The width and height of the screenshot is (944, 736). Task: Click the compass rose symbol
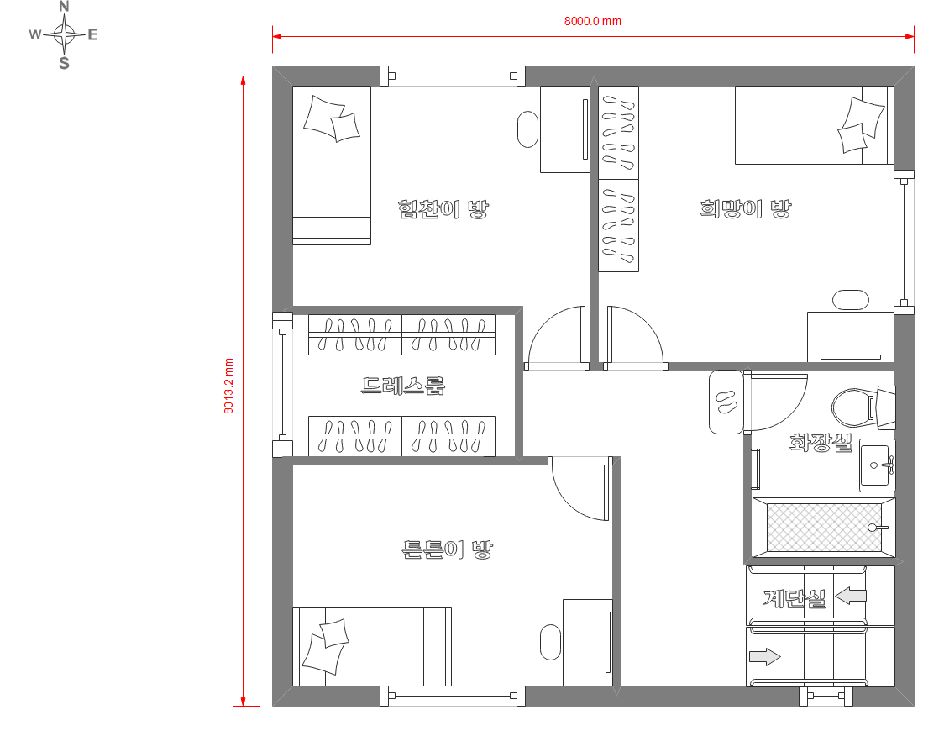64,34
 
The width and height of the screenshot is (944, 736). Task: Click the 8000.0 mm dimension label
592,21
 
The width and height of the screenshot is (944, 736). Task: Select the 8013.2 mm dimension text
228,386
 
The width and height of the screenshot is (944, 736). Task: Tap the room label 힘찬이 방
443,209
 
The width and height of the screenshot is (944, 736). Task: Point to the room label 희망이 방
745,209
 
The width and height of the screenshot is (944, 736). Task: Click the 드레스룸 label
403,386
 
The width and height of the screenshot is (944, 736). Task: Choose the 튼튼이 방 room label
448,549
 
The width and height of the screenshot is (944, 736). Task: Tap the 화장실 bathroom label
821,443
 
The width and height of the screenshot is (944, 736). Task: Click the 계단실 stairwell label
795,598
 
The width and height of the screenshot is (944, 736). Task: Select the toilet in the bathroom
863,407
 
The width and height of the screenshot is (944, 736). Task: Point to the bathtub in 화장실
824,528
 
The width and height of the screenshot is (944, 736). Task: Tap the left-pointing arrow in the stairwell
851,596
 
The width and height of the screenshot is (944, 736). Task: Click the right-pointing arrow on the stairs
764,656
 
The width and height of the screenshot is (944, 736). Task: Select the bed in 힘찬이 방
332,166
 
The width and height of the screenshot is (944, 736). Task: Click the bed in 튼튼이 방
372,647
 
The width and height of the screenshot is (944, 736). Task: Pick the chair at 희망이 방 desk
851,300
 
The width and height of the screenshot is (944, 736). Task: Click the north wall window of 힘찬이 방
453,76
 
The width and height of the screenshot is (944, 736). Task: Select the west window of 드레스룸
282,384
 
